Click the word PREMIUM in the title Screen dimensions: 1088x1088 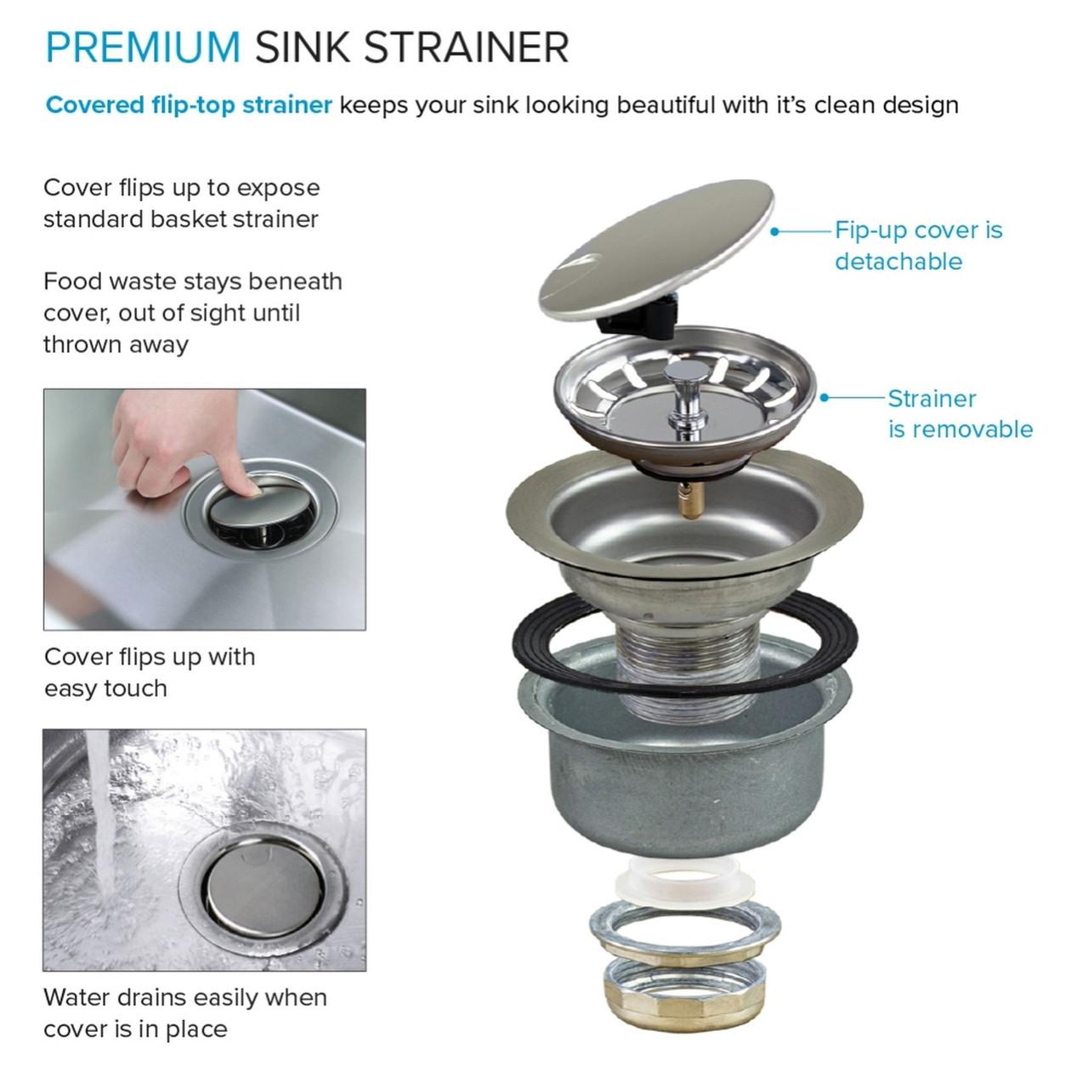[143, 47]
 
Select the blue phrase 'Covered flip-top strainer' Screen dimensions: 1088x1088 [189, 105]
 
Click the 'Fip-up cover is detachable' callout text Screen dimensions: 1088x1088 [918, 246]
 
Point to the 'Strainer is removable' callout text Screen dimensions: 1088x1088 [960, 414]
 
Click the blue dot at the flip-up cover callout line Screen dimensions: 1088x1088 [774, 231]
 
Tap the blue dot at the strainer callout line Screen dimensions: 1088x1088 [824, 397]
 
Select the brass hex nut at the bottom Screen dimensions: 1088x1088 [685, 994]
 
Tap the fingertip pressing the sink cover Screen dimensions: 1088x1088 [248, 485]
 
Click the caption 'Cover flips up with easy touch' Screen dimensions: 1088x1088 [150, 672]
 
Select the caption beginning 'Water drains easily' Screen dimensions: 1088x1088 [185, 1012]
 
